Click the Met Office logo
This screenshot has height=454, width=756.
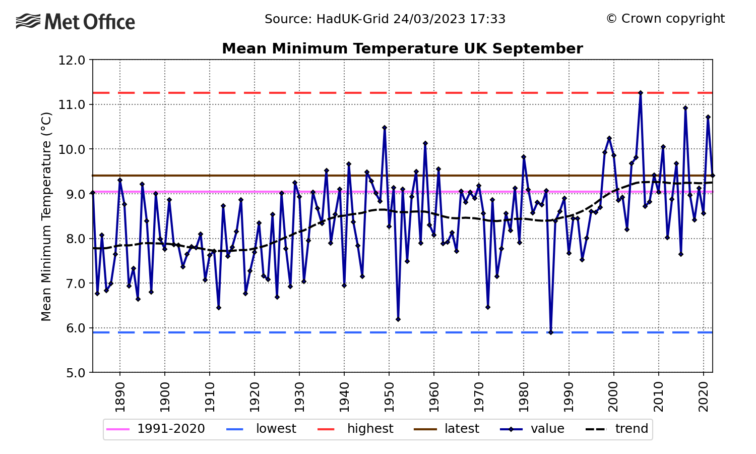coord(75,21)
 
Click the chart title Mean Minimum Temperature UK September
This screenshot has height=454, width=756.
coord(402,48)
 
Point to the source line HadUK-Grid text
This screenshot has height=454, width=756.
coord(385,19)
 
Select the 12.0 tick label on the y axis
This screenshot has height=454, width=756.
coord(72,60)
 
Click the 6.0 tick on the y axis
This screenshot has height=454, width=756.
coord(72,328)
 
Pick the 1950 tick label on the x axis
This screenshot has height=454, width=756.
coord(389,397)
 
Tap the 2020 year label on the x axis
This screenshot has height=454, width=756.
coord(704,397)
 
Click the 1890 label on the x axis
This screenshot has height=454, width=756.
coord(120,397)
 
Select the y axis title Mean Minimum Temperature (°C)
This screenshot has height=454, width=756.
coord(46,216)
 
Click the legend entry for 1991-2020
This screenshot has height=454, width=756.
coord(156,429)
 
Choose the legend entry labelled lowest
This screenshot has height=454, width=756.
coord(261,429)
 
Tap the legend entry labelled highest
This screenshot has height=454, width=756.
coord(355,429)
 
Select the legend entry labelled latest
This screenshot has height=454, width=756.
coord(447,429)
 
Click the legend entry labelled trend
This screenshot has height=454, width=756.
coord(617,429)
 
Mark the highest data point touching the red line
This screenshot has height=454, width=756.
coord(641,93)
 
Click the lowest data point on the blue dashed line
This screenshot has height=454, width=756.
coord(551,332)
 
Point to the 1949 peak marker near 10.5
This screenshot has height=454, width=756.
coord(385,128)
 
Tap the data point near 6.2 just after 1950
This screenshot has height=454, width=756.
coord(398,319)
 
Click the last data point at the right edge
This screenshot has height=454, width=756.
coord(713,176)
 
